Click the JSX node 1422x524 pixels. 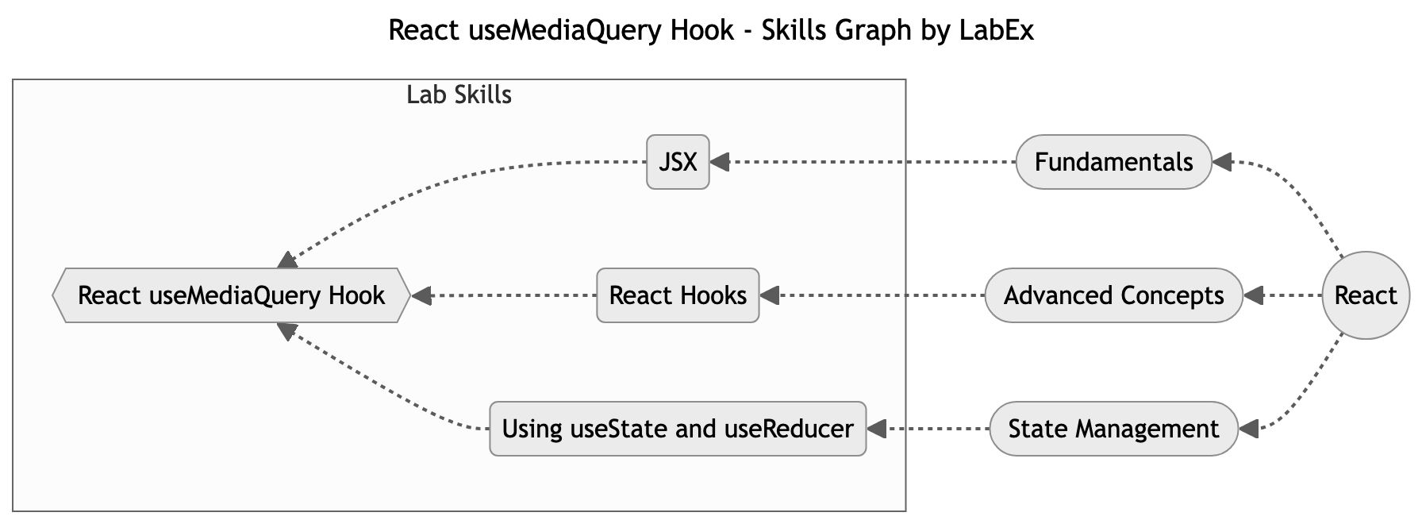678,162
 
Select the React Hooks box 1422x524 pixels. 678,295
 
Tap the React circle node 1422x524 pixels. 1365,295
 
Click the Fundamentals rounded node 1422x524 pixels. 1113,162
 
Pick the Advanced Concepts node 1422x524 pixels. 1113,295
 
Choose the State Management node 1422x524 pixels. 1113,429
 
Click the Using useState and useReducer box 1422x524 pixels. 678,429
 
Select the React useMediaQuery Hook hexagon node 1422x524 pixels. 231,295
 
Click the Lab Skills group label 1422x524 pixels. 459,95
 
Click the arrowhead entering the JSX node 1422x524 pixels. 720,162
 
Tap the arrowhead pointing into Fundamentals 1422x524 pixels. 1222,162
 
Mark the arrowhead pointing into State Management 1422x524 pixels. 1248,429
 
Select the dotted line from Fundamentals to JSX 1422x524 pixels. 865,162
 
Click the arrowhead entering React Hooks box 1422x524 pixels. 770,295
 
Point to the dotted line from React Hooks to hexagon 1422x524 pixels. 508,295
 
